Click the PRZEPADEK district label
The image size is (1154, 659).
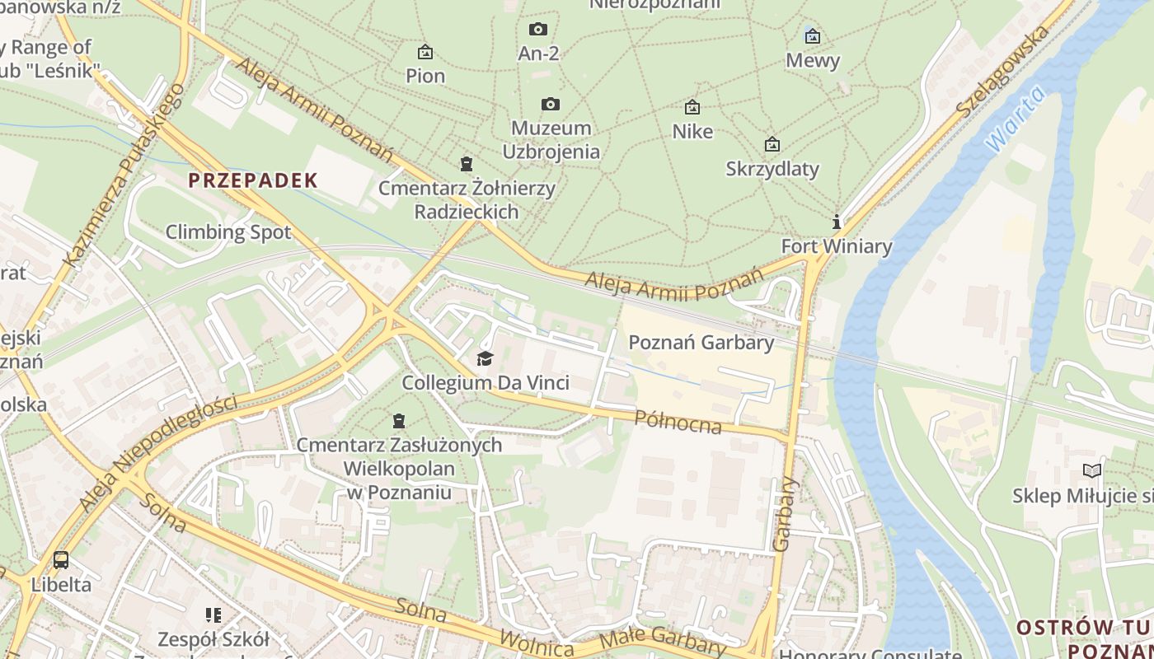click(x=253, y=180)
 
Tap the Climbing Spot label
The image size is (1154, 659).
click(x=228, y=232)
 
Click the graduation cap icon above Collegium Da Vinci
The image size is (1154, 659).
click(x=485, y=359)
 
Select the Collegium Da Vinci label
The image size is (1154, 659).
click(x=486, y=383)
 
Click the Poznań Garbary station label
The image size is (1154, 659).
click(x=701, y=343)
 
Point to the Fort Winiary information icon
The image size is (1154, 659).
click(x=837, y=222)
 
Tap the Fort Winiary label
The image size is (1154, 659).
click(x=836, y=246)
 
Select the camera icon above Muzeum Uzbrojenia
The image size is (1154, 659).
click(x=551, y=104)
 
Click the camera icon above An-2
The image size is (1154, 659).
click(x=538, y=30)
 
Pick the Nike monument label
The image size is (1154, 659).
click(x=692, y=132)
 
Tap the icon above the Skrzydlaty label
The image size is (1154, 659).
click(x=772, y=144)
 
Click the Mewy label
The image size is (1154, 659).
click(x=813, y=60)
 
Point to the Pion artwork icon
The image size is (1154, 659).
click(x=425, y=52)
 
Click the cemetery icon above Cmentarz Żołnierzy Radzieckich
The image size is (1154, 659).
click(x=467, y=163)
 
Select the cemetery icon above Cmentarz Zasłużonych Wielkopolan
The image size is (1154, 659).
click(x=399, y=421)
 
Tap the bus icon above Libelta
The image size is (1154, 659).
click(x=61, y=560)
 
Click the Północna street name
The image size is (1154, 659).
click(x=678, y=421)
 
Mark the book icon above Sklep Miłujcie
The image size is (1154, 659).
click(x=1092, y=471)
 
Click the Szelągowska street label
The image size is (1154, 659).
click(x=1003, y=71)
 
